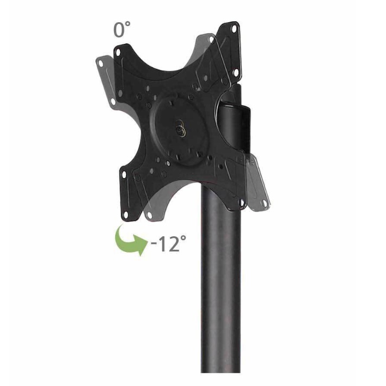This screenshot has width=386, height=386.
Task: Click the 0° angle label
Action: pos(122,29)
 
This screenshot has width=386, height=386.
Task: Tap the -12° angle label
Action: pos(169,243)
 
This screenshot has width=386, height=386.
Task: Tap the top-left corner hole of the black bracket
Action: pos(118,52)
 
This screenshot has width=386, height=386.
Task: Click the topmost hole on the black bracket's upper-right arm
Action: pos(234,29)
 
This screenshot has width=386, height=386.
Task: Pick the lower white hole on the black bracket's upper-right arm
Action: pos(236,72)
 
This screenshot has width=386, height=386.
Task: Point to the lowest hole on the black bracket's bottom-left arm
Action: pos(125,214)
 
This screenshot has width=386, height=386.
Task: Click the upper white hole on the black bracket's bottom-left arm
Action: pos(124,174)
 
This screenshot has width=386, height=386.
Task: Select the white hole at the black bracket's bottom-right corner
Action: pos(241,203)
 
